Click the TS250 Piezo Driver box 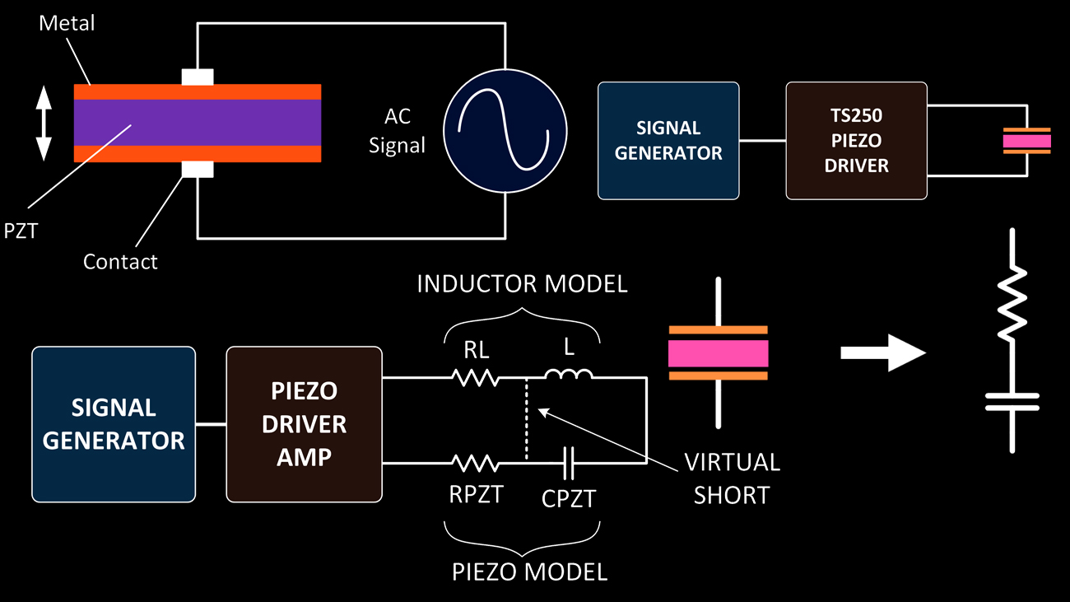click(x=857, y=140)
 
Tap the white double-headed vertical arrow click(x=44, y=124)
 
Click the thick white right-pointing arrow click(x=883, y=353)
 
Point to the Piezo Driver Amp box click(x=304, y=424)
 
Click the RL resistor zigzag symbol click(x=475, y=378)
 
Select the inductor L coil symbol click(x=569, y=377)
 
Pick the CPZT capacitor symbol click(x=569, y=464)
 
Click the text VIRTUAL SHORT click(x=733, y=478)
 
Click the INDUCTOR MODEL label click(x=522, y=284)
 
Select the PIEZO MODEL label click(x=529, y=572)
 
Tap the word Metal click(x=67, y=24)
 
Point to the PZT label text click(x=21, y=231)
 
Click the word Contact click(x=120, y=262)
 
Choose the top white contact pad click(x=198, y=77)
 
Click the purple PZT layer click(x=198, y=123)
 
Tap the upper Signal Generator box click(x=668, y=140)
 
